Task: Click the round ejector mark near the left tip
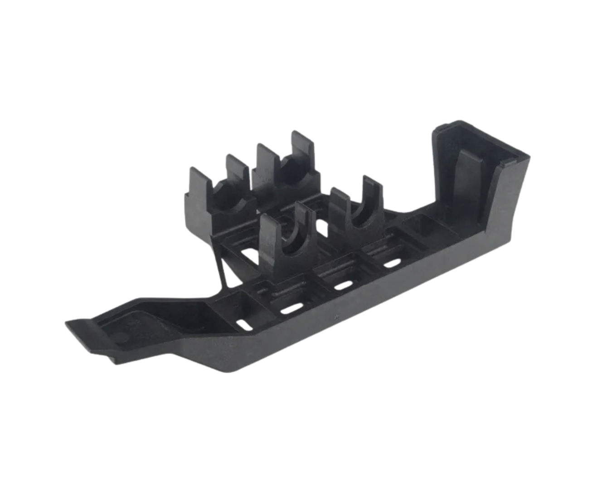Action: tap(121, 338)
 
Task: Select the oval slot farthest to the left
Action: tap(244, 325)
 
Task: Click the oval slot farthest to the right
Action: tap(392, 263)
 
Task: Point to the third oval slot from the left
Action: tap(343, 286)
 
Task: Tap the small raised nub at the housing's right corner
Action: tap(510, 161)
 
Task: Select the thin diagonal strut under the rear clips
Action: tap(221, 272)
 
